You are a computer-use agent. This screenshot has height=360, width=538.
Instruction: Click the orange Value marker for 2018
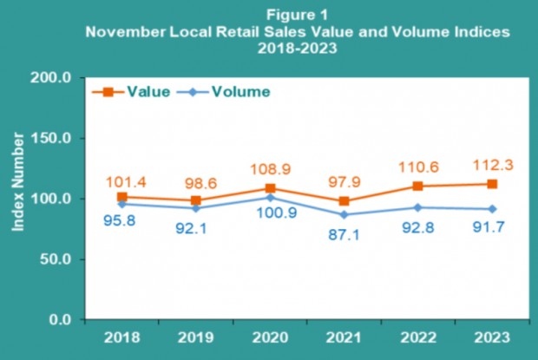[122, 197]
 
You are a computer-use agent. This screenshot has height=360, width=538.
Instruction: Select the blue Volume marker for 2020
[271, 198]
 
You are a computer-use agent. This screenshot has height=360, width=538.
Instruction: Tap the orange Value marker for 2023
[492, 184]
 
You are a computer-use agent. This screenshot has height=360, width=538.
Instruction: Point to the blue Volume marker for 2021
[344, 214]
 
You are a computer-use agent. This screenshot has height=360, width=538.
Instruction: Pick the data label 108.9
[270, 168]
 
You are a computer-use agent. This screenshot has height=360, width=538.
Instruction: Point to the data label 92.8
[418, 227]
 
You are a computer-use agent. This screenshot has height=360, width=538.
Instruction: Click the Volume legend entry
[239, 90]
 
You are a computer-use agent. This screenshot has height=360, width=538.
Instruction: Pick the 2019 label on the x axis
[197, 337]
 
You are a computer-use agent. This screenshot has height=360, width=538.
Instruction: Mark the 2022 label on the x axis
[418, 337]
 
